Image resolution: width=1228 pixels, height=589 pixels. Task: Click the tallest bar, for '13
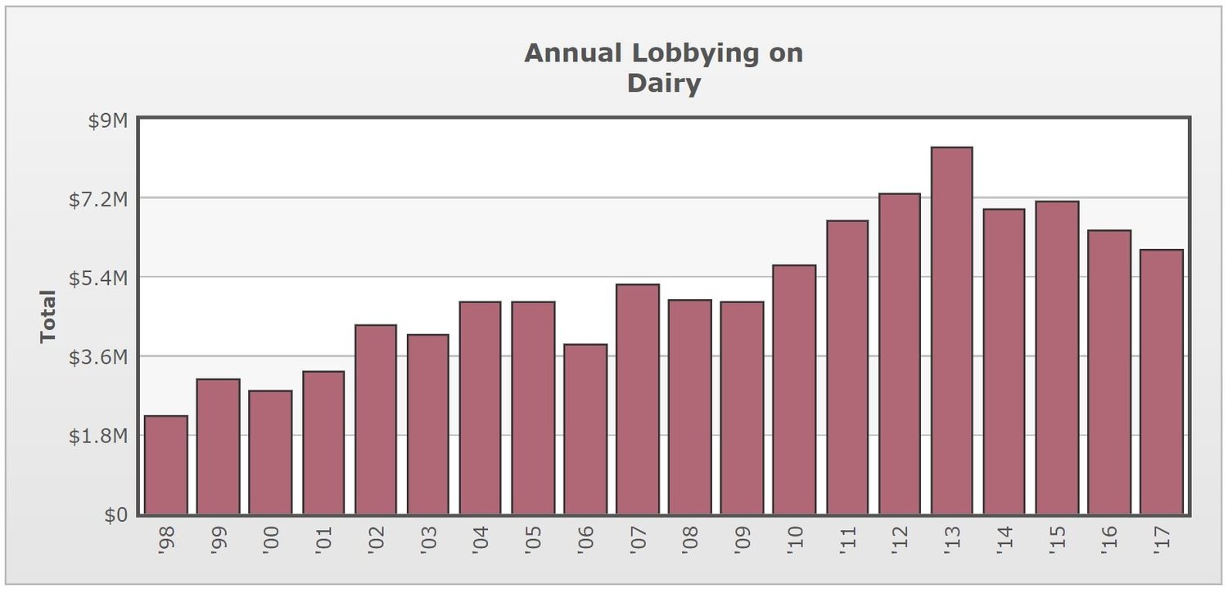click(951, 331)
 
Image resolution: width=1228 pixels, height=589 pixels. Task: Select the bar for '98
click(166, 465)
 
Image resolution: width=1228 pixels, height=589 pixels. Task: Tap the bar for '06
click(585, 429)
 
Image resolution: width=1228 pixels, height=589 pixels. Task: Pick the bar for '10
click(794, 390)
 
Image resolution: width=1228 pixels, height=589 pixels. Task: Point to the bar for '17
click(1161, 383)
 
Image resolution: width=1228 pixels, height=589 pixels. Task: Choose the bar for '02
click(376, 419)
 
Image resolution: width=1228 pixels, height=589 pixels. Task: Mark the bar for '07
click(638, 400)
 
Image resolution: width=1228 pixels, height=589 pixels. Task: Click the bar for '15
click(1056, 358)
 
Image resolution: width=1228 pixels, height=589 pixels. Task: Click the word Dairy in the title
click(664, 83)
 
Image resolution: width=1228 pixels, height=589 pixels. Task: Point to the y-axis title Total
click(48, 316)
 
